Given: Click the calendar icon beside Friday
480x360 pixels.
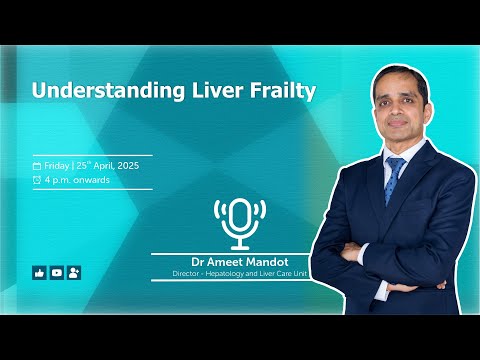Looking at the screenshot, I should tap(37, 165).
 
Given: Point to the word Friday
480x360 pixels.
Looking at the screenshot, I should tap(57, 165).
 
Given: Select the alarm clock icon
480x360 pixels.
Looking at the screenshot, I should tap(37, 180).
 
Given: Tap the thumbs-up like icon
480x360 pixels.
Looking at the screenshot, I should tap(39, 272).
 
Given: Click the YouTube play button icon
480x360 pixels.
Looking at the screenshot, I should tap(56, 272).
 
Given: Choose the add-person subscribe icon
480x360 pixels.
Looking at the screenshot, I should tap(73, 272).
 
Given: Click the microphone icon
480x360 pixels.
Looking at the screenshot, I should tap(239, 223).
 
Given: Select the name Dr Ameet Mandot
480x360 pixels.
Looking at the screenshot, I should tap(239, 261).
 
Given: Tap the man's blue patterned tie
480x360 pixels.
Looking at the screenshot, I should tap(394, 181).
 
